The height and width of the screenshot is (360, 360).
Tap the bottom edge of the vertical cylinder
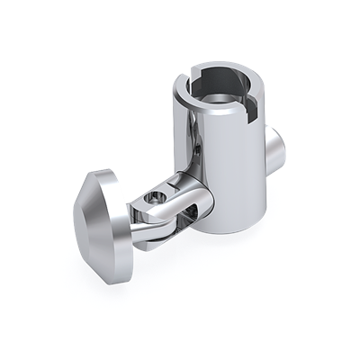point(230,230)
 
